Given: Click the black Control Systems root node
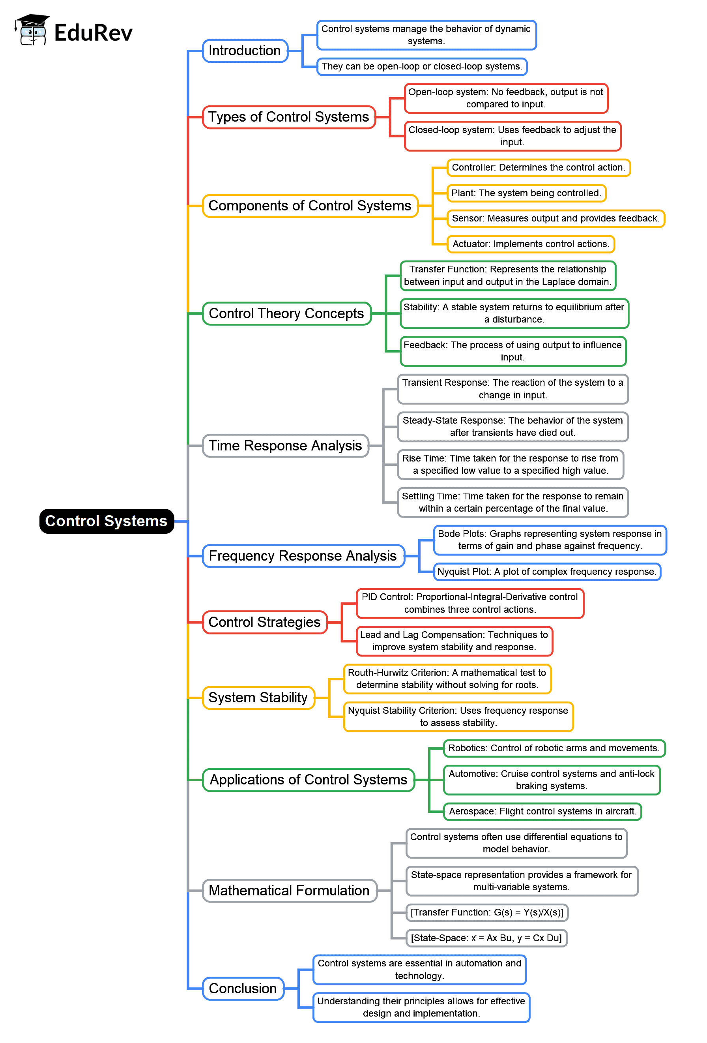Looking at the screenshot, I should (x=106, y=521).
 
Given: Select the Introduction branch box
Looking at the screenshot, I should (x=245, y=51).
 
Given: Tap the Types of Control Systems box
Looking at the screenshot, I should (x=288, y=117).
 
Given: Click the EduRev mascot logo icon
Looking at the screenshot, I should (x=32, y=30).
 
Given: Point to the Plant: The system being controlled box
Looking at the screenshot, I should (x=526, y=193).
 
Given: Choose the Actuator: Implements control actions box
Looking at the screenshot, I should (x=530, y=244).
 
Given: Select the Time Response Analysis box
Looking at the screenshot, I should (x=285, y=446).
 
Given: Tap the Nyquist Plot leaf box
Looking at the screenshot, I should (x=546, y=572).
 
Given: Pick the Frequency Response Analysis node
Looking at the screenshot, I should (x=303, y=556).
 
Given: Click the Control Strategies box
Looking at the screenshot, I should (x=265, y=623).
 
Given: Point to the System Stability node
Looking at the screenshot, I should (x=258, y=698).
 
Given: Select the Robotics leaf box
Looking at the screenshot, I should (x=554, y=748).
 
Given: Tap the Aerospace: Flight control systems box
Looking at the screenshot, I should (x=542, y=811).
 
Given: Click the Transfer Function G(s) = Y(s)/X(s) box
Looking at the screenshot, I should (x=487, y=912).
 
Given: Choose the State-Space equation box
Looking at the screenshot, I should (x=486, y=938).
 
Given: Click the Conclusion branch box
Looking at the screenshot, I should (x=243, y=989).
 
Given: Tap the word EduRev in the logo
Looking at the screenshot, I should (x=94, y=33).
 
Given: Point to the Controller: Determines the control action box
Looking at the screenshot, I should (x=538, y=167).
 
